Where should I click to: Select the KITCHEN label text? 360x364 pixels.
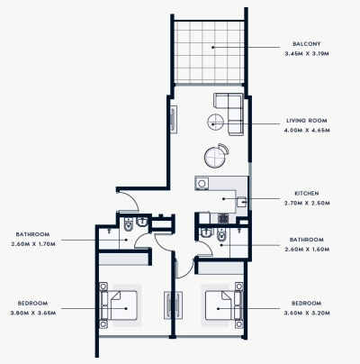point(307,194)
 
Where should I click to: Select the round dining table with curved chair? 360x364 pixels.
point(215,156)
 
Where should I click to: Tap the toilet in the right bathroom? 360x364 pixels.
point(220,235)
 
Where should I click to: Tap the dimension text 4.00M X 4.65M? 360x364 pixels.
point(307,130)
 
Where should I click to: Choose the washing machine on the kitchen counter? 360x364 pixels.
point(242,203)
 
